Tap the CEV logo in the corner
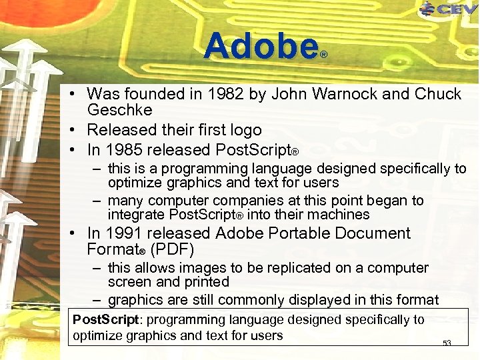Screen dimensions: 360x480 (x=449, y=9)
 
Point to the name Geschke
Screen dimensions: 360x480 (x=120, y=110)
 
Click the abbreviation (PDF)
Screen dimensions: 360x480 (x=172, y=250)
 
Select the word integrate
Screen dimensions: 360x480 (x=136, y=215)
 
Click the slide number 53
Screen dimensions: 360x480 (x=447, y=343)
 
